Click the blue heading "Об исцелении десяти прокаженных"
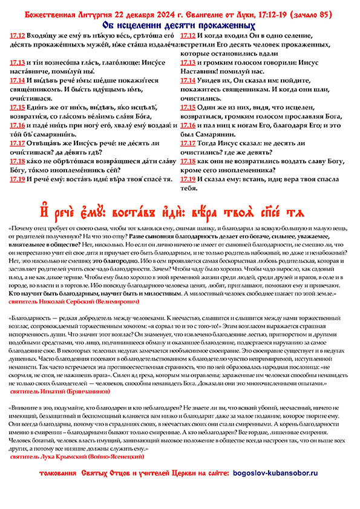tap(180, 26)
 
